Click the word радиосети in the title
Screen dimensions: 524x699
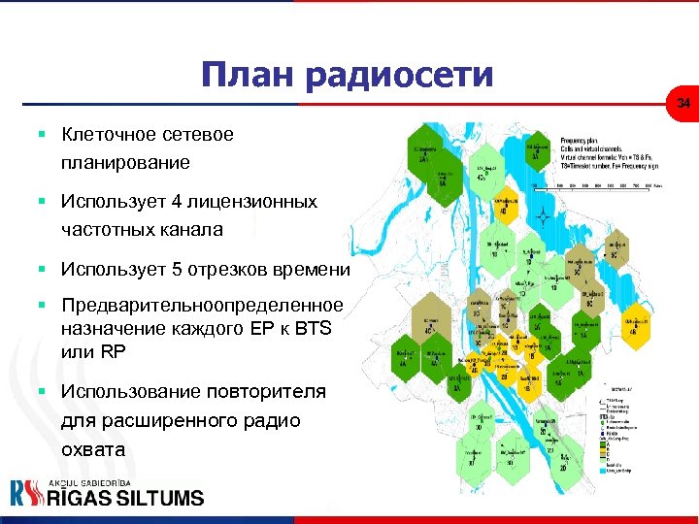click(403, 75)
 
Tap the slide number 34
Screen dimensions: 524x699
click(683, 103)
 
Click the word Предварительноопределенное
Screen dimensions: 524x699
click(201, 306)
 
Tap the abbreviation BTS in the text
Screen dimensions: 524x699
click(311, 329)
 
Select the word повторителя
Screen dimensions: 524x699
click(266, 391)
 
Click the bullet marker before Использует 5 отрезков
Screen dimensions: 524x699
click(44, 270)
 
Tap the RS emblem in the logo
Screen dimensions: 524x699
click(27, 493)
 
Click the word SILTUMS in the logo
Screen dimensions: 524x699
click(159, 498)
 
